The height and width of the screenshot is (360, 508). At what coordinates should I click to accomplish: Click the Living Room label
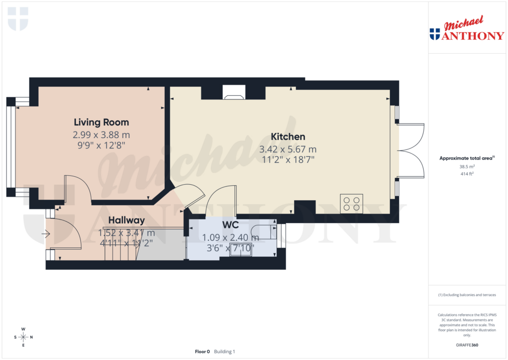(x=101, y=122)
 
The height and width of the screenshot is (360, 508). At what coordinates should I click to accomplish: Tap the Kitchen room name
(x=288, y=137)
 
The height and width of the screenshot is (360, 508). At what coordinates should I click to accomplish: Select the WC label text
(x=231, y=224)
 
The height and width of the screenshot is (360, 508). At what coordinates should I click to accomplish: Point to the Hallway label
(x=127, y=220)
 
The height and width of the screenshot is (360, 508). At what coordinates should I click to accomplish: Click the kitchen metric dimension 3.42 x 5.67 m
(x=288, y=149)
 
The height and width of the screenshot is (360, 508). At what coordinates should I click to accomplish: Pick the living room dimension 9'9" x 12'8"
(x=101, y=145)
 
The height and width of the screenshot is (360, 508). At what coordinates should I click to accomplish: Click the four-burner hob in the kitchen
(x=352, y=204)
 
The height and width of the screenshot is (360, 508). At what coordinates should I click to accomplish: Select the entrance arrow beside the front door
(x=46, y=233)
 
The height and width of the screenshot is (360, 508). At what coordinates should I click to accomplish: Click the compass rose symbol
(x=23, y=337)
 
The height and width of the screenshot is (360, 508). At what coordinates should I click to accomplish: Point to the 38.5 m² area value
(x=467, y=167)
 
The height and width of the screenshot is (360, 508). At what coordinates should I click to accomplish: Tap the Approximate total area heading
(x=466, y=158)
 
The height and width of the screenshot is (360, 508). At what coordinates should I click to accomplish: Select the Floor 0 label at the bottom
(x=202, y=352)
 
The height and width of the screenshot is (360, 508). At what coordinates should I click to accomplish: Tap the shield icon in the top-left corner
(x=18, y=19)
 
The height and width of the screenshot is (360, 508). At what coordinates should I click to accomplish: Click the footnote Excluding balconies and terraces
(x=467, y=295)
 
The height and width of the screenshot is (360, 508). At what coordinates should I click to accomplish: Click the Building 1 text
(x=225, y=352)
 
